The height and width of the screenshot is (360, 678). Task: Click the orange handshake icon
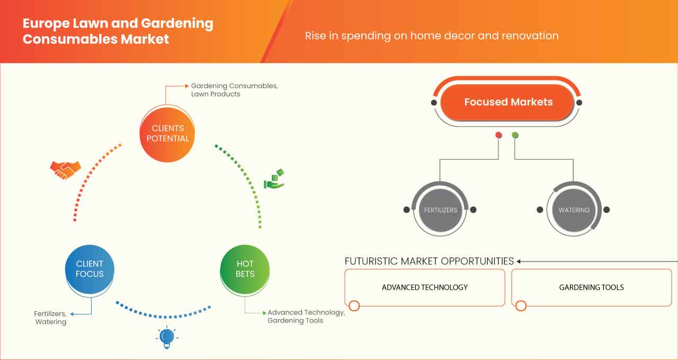[65, 170]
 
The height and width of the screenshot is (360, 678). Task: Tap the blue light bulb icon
[167, 337]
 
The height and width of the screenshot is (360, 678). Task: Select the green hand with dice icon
[274, 179]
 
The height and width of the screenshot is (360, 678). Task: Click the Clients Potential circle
[167, 134]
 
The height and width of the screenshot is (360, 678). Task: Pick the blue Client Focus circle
[90, 269]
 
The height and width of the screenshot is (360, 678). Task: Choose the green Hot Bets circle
[245, 269]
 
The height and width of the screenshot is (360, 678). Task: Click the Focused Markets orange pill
[507, 102]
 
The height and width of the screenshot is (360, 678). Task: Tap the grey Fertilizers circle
[440, 210]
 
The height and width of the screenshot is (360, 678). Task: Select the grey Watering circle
[574, 210]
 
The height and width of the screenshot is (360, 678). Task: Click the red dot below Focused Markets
[498, 135]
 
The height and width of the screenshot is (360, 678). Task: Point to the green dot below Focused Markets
[515, 135]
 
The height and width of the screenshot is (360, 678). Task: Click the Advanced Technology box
[425, 287]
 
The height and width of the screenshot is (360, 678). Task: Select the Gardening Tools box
[592, 287]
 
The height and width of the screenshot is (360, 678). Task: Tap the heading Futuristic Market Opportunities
[429, 261]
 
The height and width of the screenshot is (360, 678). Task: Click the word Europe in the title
[46, 24]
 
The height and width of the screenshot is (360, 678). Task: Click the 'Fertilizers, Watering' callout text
[50, 318]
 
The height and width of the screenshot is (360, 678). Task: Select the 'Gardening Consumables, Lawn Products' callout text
[234, 90]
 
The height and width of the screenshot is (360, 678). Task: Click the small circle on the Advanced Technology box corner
[354, 305]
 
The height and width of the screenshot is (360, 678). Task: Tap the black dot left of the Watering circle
[540, 210]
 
